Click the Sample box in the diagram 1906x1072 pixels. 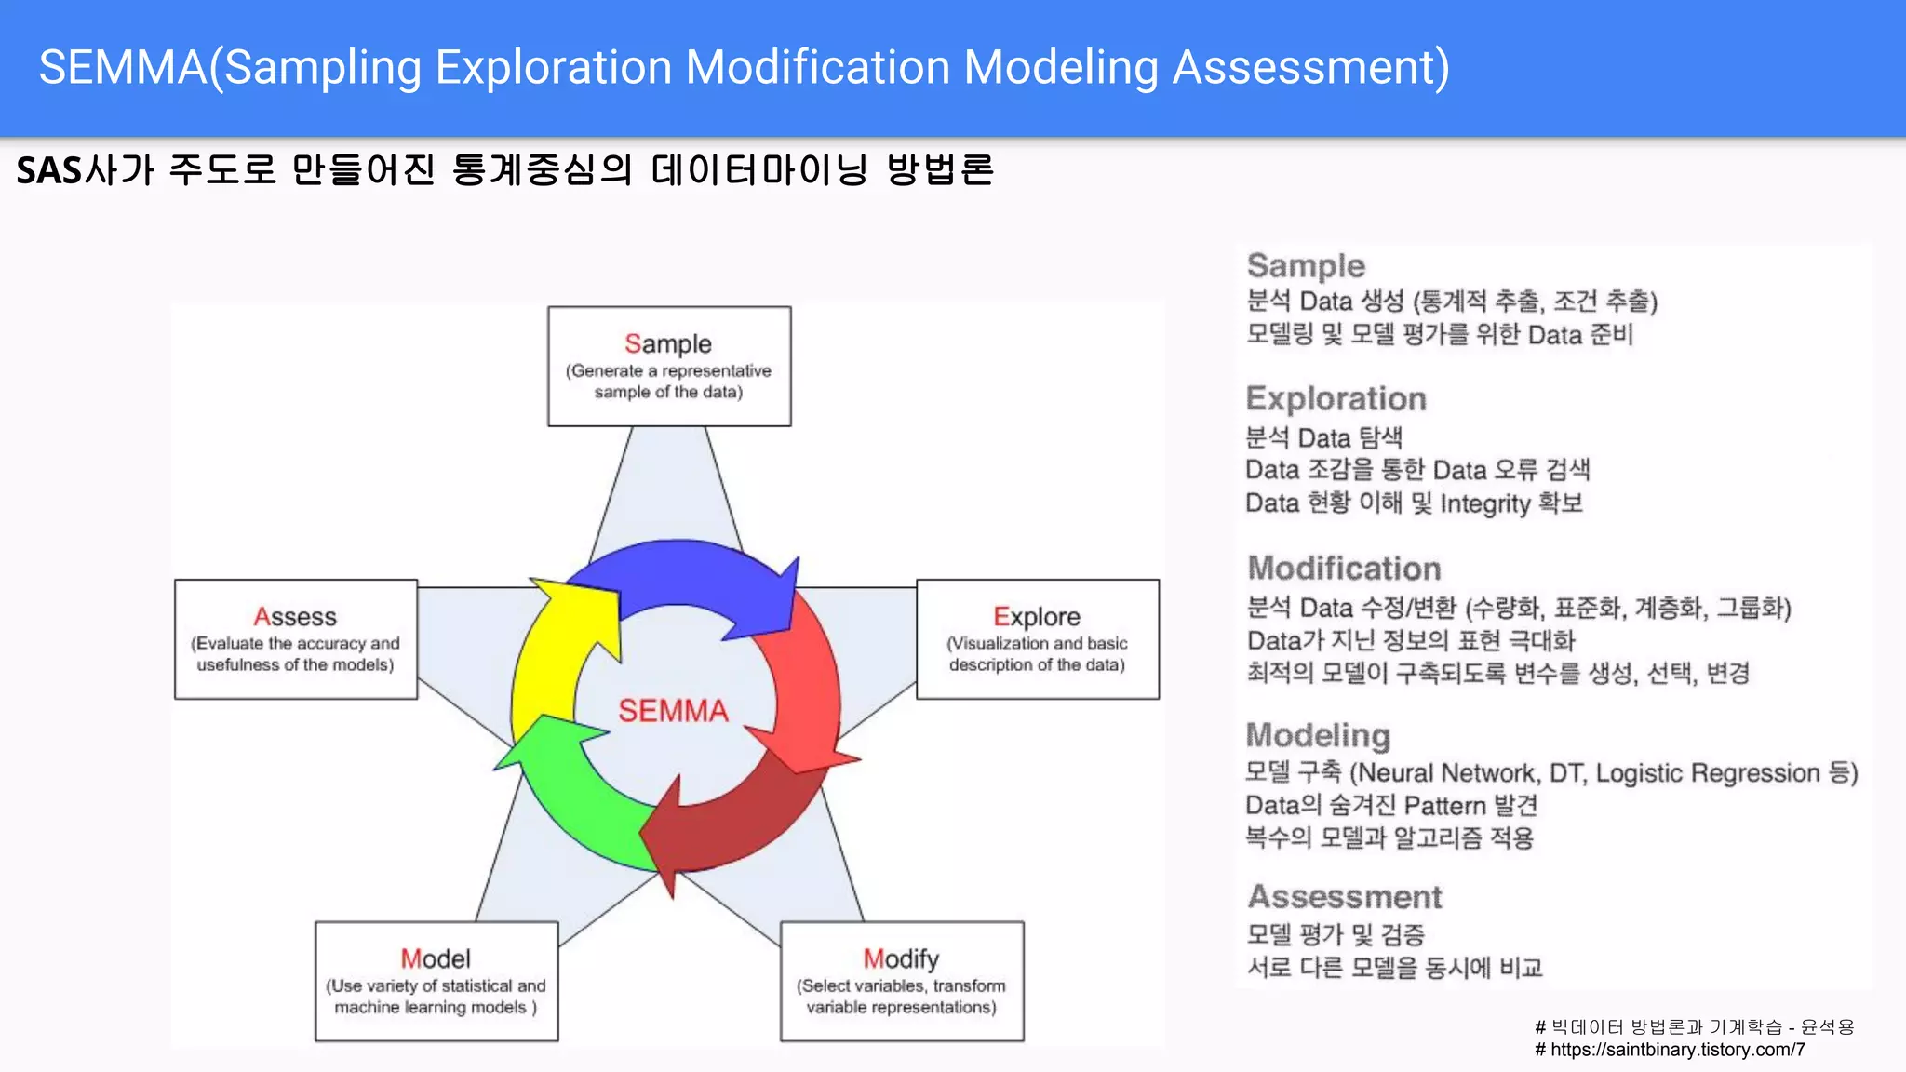[x=669, y=367]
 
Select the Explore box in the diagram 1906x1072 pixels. [x=1037, y=639]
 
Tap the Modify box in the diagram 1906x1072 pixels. [x=901, y=981]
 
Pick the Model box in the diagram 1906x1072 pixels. [x=436, y=981]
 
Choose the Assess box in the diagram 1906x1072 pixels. [x=295, y=639]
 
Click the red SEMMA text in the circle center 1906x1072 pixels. [x=673, y=711]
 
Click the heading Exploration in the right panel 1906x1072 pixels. [x=1336, y=399]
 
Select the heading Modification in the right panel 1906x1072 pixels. [x=1344, y=569]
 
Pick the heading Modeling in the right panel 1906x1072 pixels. [x=1318, y=735]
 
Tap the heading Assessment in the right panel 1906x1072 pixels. [x=1345, y=897]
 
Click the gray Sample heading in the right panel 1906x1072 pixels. [x=1306, y=266]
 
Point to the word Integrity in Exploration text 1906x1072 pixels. [x=1484, y=503]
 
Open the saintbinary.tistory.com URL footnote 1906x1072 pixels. [x=1675, y=1050]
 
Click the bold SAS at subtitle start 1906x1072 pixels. [x=48, y=170]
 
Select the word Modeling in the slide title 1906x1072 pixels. [x=1060, y=67]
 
